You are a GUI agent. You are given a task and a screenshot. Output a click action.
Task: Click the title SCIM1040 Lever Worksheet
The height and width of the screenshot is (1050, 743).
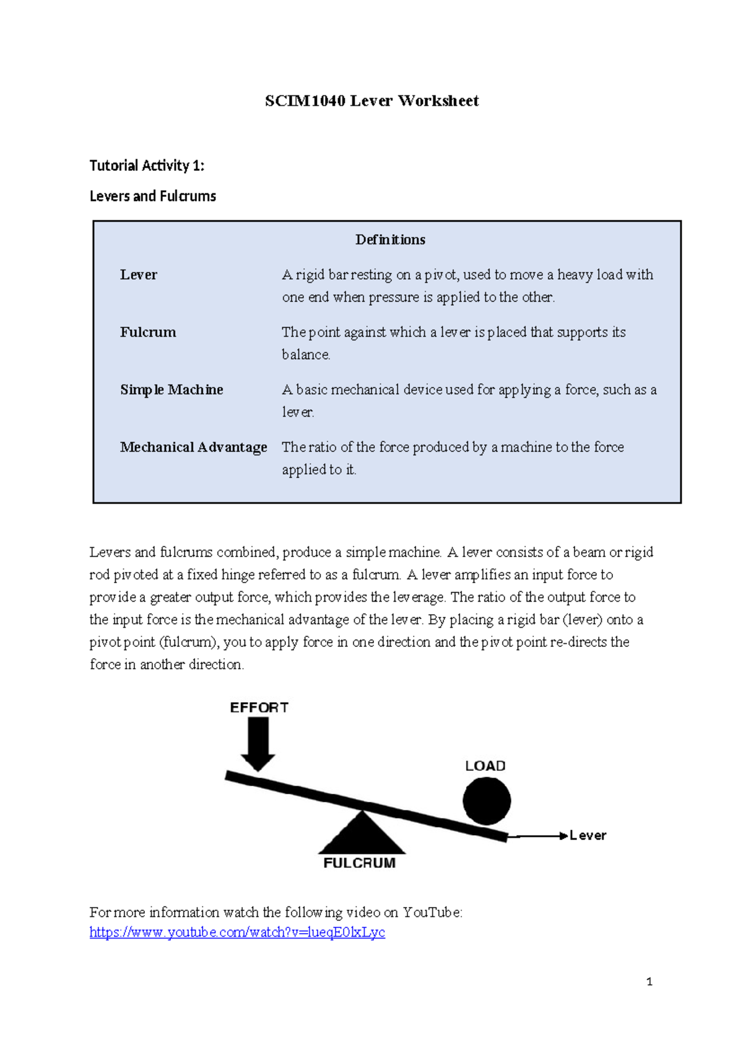[x=371, y=101]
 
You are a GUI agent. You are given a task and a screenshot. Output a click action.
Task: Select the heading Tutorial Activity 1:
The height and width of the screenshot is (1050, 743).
[x=147, y=165]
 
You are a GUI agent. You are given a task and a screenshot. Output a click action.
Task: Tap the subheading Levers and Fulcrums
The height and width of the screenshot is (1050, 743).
[x=152, y=196]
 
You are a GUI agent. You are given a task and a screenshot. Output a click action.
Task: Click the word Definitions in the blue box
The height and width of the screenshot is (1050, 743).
[x=390, y=240]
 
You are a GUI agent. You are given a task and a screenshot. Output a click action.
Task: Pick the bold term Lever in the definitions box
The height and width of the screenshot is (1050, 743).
[x=138, y=275]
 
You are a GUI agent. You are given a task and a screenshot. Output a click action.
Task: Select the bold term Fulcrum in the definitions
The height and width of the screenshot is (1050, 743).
[x=148, y=332]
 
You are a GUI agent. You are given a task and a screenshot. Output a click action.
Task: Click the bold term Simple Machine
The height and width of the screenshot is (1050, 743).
[x=172, y=390]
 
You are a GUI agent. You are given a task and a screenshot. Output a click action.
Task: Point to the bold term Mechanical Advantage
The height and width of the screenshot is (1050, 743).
[x=193, y=448]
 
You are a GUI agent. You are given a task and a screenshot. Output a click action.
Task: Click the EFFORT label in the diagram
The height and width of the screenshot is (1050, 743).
[x=259, y=708]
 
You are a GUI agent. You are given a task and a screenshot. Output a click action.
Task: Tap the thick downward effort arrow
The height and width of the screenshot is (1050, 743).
[x=258, y=743]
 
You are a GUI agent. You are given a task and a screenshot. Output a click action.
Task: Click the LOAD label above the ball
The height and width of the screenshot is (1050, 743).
[x=485, y=766]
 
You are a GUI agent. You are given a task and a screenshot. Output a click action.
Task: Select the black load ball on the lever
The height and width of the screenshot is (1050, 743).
[x=487, y=801]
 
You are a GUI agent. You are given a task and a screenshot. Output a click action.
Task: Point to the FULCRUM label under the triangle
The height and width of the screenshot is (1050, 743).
[x=359, y=863]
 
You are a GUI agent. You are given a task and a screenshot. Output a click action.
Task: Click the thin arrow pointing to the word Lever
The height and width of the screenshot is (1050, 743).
[x=536, y=836]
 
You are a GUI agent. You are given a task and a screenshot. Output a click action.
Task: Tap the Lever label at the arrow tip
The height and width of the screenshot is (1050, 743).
[x=588, y=836]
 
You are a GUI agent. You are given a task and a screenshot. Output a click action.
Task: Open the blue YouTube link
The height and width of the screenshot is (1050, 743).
[x=237, y=932]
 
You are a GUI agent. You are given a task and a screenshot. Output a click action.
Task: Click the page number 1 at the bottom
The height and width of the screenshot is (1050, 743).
[x=649, y=981]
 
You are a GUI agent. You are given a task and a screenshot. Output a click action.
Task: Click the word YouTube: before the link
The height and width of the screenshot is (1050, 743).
[x=432, y=913]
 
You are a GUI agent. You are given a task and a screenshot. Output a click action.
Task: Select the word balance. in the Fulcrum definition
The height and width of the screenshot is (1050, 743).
[x=306, y=355]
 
